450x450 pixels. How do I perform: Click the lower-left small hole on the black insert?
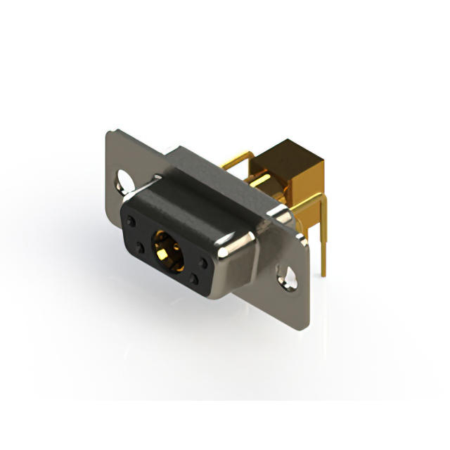click(139, 248)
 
